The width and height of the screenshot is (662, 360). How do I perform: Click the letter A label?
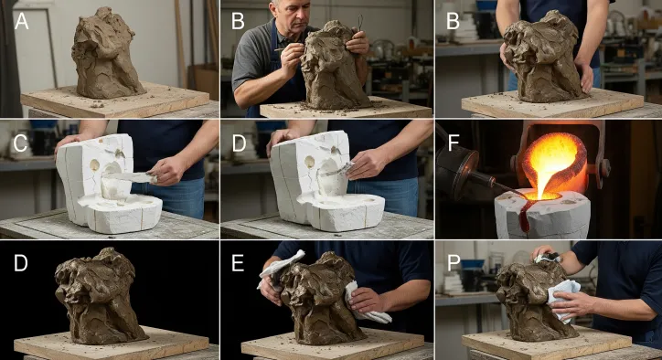click(22, 20)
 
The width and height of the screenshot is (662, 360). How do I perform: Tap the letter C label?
click(21, 143)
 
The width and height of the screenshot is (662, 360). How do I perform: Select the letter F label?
click(453, 143)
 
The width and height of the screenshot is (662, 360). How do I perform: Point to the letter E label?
click(238, 263)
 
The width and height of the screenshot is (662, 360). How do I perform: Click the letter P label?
click(454, 262)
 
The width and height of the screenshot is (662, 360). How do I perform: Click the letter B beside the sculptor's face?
click(238, 21)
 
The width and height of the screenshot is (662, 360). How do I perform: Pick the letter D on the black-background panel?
click(21, 263)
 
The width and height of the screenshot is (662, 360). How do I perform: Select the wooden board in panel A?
click(114, 101)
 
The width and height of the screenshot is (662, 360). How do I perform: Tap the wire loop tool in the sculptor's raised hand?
click(359, 22)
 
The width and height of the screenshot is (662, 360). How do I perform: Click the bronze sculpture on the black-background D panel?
click(99, 295)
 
